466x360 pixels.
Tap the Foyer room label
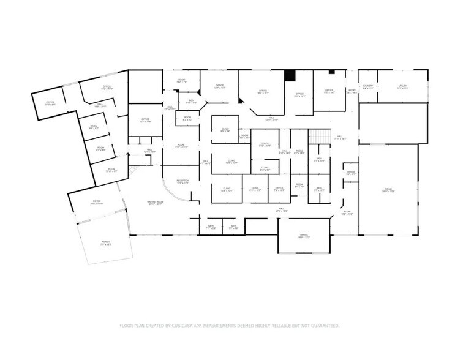[x=97, y=202]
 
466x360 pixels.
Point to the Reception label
[x=183, y=182]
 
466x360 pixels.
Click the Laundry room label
[x=368, y=87]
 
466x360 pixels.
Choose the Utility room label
[x=402, y=87]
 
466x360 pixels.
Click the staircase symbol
[x=315, y=137]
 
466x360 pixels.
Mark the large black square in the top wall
[x=290, y=75]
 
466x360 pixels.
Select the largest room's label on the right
[x=388, y=190]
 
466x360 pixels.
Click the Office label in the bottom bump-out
[x=303, y=236]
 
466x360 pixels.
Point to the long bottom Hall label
[x=282, y=210]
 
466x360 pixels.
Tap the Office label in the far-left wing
[x=50, y=103]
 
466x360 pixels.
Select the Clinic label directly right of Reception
[x=226, y=190]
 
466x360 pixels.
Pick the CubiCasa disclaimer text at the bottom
[x=229, y=326]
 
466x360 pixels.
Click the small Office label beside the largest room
[x=351, y=173]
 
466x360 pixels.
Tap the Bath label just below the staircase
[x=319, y=160]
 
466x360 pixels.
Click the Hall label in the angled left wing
[x=100, y=105]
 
